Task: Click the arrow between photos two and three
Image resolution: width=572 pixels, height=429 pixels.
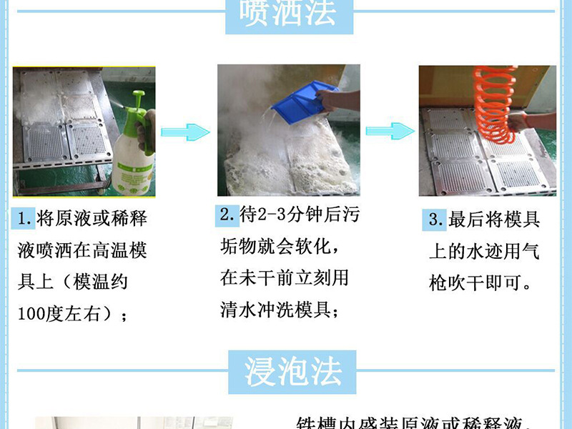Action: [390, 132]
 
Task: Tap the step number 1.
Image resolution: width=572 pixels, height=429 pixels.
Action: [23, 219]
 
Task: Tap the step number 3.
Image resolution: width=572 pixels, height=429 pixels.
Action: [434, 220]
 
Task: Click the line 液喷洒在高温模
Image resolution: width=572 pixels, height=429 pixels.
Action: [82, 251]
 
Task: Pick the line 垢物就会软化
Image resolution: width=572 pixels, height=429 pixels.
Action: [275, 246]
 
